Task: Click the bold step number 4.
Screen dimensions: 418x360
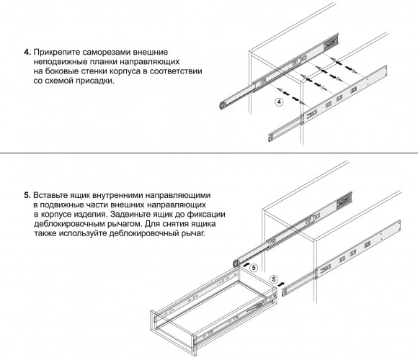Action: coord(27,52)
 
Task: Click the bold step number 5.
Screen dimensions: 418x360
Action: coord(27,195)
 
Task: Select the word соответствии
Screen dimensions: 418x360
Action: coord(176,71)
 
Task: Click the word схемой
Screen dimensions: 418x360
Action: coord(59,81)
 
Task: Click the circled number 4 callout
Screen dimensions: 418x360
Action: coord(279,102)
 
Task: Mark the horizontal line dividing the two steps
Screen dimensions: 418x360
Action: coord(209,153)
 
